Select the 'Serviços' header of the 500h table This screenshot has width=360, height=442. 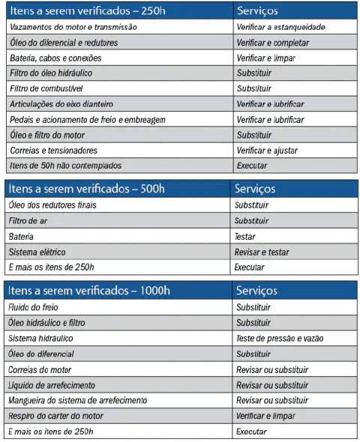coord(256,190)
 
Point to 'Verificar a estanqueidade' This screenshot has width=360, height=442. coord(280,28)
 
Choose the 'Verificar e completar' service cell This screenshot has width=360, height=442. coord(272,43)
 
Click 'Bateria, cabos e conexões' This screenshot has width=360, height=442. coord(56,58)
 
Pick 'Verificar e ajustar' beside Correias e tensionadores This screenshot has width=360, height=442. coord(266,150)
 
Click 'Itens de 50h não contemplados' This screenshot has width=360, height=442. coord(64,165)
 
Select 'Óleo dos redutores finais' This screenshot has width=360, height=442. coord(52,205)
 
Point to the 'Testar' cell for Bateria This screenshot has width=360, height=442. coord(245,237)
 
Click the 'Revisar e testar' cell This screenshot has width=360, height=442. coord(262,252)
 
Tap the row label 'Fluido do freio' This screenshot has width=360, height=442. coord(34,307)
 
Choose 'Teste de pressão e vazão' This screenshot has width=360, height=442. coord(280,339)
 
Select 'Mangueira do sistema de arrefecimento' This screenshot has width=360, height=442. coord(78,401)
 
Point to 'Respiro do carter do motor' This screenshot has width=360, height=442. coord(58,416)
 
